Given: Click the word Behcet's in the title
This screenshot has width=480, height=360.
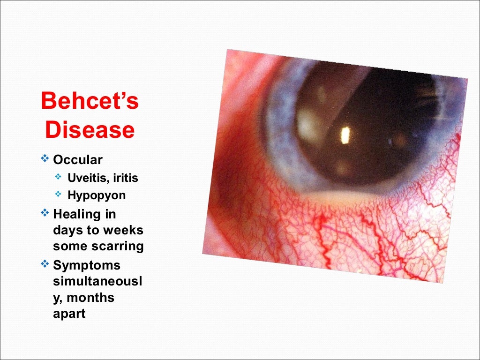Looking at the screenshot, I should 90,101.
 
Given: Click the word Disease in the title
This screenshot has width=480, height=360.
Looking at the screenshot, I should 90,129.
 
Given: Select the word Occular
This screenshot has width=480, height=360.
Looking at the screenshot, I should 77,160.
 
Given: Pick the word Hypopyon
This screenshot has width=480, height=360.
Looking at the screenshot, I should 97,195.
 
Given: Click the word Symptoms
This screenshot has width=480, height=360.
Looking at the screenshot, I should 87,265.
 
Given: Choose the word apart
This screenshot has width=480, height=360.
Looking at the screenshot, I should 69,314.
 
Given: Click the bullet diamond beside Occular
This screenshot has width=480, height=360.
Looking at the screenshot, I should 45,159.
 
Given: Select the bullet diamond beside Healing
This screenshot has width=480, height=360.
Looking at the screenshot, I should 45,213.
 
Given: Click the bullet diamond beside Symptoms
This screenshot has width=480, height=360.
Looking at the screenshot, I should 45,264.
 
